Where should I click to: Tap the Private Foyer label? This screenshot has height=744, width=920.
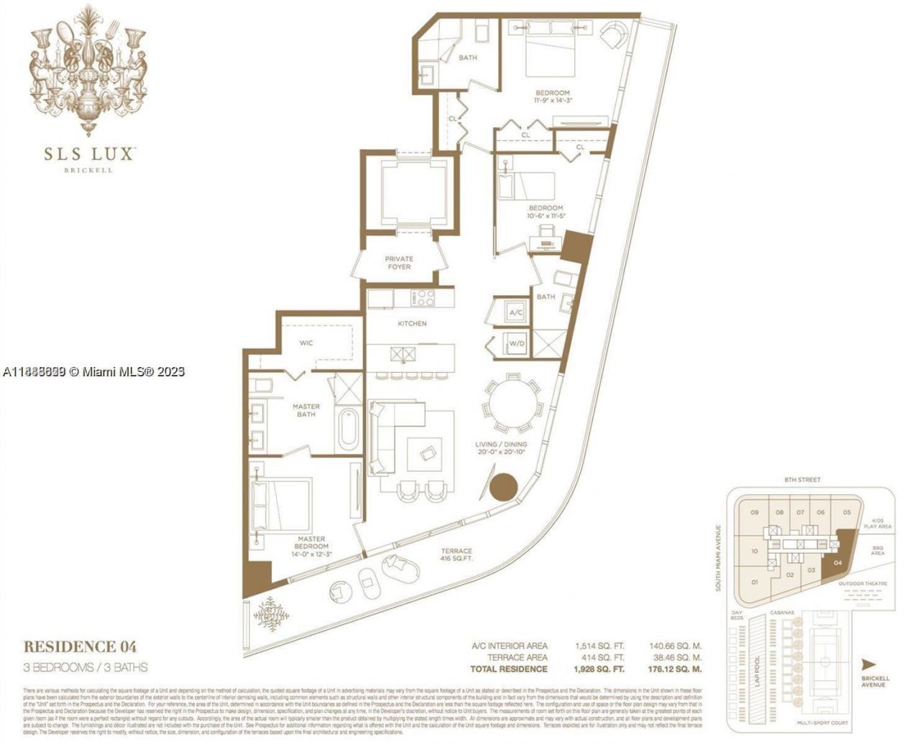coord(399,263)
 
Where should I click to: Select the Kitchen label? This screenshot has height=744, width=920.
coord(412,324)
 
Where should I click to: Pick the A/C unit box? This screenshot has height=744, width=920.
coord(516,313)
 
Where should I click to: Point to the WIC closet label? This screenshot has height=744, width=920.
coord(306,343)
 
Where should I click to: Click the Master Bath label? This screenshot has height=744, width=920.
coord(306,410)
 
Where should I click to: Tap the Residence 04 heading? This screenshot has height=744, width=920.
coord(80,646)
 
